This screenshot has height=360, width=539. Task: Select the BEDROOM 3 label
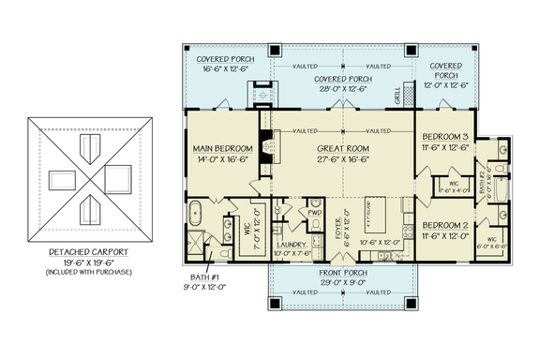click(x=446, y=136)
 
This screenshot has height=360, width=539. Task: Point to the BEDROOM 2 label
click(x=446, y=226)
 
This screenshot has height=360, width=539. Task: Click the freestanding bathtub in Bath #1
click(x=198, y=209)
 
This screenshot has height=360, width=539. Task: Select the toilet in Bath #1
click(x=224, y=252)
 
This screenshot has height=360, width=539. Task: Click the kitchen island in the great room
click(x=368, y=222)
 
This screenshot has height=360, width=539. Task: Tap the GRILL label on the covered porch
click(x=397, y=95)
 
